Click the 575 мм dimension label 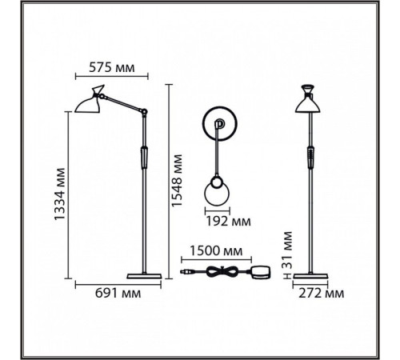(x=112, y=68)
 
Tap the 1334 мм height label (x=60, y=194)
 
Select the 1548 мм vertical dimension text (x=177, y=181)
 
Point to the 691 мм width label (x=118, y=294)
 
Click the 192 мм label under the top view (x=229, y=222)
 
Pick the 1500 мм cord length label (x=216, y=251)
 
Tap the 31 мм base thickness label (x=287, y=250)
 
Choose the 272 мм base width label (x=322, y=294)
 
